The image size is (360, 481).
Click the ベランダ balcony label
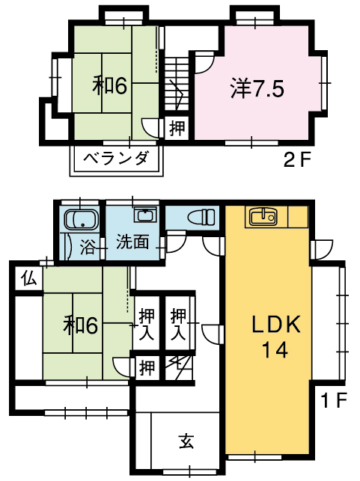tap(116, 159)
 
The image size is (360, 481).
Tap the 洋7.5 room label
tap(257, 89)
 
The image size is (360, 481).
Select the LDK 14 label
tap(275, 337)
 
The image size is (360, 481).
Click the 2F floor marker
tap(297, 160)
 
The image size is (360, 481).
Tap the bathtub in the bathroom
tap(81, 220)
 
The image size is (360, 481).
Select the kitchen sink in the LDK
tap(263, 217)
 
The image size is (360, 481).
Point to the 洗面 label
tap(132, 242)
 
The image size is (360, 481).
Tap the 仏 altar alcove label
tap(29, 279)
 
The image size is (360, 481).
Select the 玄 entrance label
tap(186, 442)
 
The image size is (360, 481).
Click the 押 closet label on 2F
tap(177, 128)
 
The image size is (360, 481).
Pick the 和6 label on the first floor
tap(80, 325)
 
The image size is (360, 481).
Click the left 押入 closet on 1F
tap(147, 324)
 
